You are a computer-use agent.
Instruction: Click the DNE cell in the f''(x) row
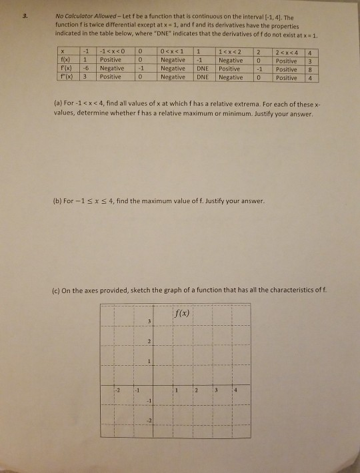pyautogui.click(x=207, y=77)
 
